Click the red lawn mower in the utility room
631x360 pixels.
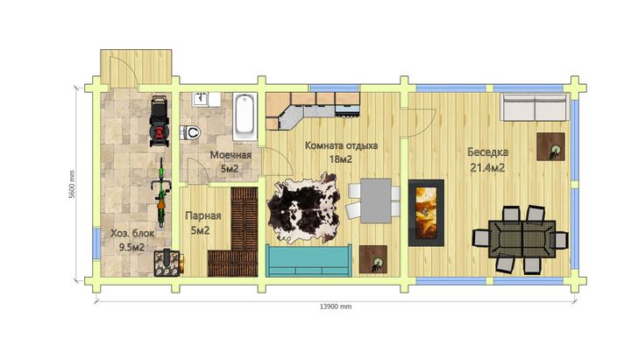[159, 121]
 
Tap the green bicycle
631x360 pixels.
[161, 193]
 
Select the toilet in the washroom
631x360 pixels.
[190, 132]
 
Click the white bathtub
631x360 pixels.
[245, 116]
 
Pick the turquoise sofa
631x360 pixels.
[308, 260]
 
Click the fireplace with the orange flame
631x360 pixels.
[426, 213]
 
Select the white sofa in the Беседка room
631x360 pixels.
[535, 107]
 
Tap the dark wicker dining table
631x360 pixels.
[522, 239]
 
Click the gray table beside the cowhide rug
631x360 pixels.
[376, 201]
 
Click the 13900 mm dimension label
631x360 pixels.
[336, 307]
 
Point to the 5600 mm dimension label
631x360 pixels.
[72, 184]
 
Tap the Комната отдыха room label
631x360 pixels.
[341, 145]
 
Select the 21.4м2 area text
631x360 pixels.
[488, 167]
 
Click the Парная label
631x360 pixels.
[203, 216]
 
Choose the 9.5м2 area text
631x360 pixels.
[131, 247]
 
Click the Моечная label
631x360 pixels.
[230, 155]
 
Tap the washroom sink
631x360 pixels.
[200, 99]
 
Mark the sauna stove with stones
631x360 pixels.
[167, 264]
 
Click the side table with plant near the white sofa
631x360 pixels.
[551, 147]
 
